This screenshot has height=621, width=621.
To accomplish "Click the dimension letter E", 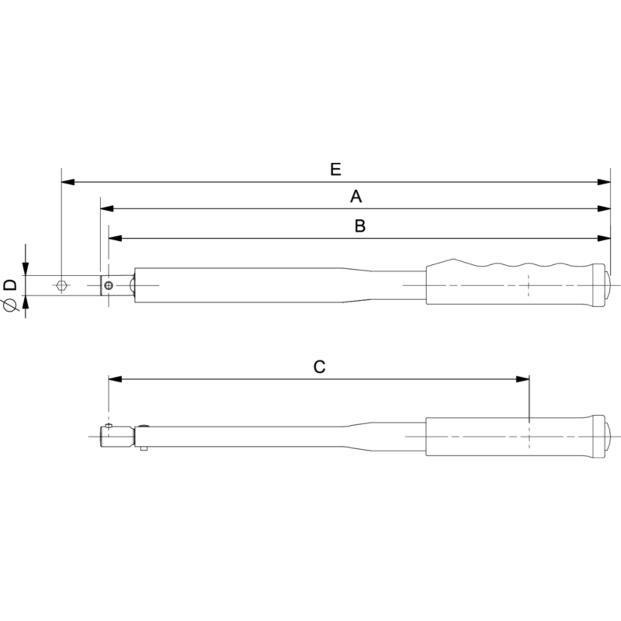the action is tap(336, 170).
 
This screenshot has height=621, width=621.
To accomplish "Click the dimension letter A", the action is tap(356, 196).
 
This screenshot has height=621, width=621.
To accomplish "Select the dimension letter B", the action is tap(360, 226).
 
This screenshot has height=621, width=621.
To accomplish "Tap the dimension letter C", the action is tap(319, 367).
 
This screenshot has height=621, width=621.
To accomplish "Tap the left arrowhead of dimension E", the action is tap(68, 182).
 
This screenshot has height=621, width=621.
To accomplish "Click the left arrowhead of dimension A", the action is tap(107, 209).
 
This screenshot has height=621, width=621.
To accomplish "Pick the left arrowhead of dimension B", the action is tap(115, 238).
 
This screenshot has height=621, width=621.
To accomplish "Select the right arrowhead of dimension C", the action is tap(522, 379).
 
